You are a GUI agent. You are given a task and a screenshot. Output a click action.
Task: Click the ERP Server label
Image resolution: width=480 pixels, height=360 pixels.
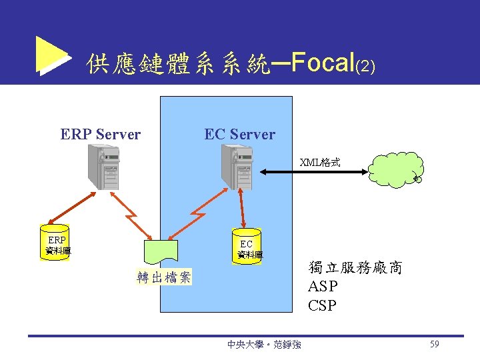[101, 135]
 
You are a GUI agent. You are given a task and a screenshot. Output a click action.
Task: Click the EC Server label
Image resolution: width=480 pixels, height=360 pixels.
[239, 135]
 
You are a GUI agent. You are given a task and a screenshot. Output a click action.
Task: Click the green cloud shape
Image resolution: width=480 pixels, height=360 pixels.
[395, 170]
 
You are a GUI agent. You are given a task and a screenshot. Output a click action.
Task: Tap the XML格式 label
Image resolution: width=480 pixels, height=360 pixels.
[319, 162]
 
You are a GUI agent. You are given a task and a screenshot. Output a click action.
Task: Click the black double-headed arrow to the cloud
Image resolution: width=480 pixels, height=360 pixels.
[313, 173]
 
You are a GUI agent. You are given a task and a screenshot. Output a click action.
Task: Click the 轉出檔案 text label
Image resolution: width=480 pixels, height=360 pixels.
[163, 277]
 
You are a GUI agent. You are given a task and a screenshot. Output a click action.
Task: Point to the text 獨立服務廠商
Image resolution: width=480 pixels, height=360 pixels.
[355, 268]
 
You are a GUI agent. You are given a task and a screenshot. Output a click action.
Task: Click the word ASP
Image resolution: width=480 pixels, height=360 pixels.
[323, 287]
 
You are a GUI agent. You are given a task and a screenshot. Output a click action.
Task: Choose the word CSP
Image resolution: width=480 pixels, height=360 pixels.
[323, 307]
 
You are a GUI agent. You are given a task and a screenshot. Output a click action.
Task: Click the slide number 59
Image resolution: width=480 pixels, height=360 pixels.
[435, 344]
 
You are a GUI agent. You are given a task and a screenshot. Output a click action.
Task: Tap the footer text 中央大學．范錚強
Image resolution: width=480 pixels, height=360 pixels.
[264, 345]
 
